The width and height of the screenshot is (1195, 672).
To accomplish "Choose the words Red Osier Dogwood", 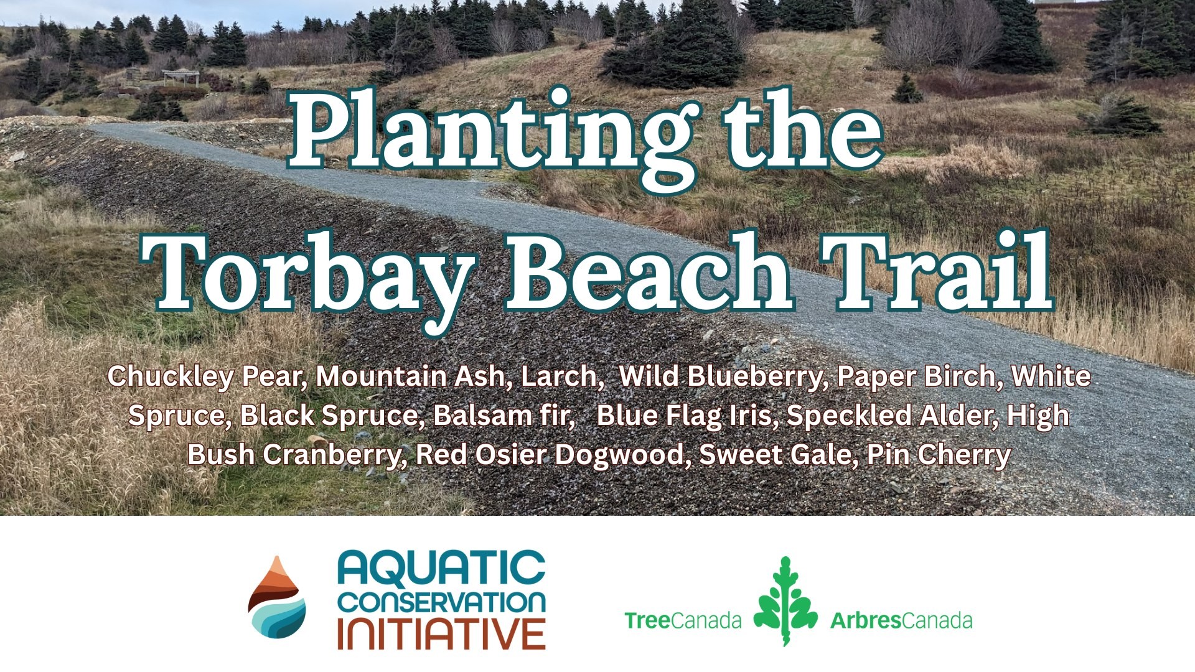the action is click(553, 455).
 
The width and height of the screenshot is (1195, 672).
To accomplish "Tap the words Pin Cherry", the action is click(939, 455).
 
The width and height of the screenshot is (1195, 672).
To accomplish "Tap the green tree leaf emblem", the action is click(785, 600).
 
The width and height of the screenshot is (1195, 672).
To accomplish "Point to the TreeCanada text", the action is click(683, 620).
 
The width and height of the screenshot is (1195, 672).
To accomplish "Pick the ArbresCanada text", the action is click(901, 620).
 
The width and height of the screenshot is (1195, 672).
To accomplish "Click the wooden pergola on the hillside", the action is click(181, 77).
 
